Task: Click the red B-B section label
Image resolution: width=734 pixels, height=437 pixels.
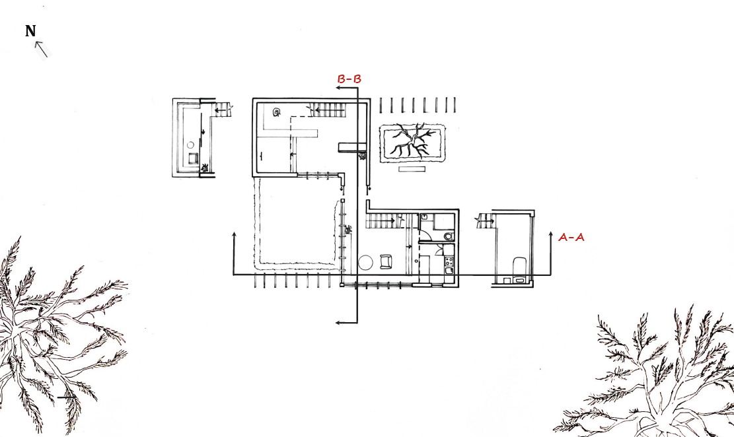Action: pyautogui.click(x=349, y=79)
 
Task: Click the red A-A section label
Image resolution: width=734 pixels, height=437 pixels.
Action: pyautogui.click(x=571, y=237)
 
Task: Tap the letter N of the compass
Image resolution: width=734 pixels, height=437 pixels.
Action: pyautogui.click(x=30, y=31)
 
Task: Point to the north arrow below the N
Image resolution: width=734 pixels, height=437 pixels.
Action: pyautogui.click(x=41, y=49)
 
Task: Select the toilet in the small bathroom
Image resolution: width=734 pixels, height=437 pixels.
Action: pyautogui.click(x=449, y=236)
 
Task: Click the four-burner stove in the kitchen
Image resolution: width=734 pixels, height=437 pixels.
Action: pyautogui.click(x=449, y=261)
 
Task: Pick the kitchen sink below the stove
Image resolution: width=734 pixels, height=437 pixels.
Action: pyautogui.click(x=449, y=271)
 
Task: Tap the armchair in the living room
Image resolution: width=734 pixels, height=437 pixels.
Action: pyautogui.click(x=386, y=261)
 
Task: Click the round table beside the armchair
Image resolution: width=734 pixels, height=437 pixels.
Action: pyautogui.click(x=365, y=263)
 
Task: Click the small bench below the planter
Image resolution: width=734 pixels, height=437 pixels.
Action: pyautogui.click(x=412, y=169)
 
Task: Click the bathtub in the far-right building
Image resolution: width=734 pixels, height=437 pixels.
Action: pyautogui.click(x=519, y=266)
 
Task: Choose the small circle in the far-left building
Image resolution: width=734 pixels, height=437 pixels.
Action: pyautogui.click(x=190, y=145)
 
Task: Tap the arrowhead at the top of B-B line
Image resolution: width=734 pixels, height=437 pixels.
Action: pyautogui.click(x=338, y=88)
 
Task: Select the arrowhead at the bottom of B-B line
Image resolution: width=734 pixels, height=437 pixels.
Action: pyautogui.click(x=338, y=322)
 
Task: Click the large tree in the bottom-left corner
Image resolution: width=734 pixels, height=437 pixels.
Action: pyautogui.click(x=55, y=335)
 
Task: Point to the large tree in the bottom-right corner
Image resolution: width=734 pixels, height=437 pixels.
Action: pyautogui.click(x=651, y=374)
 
